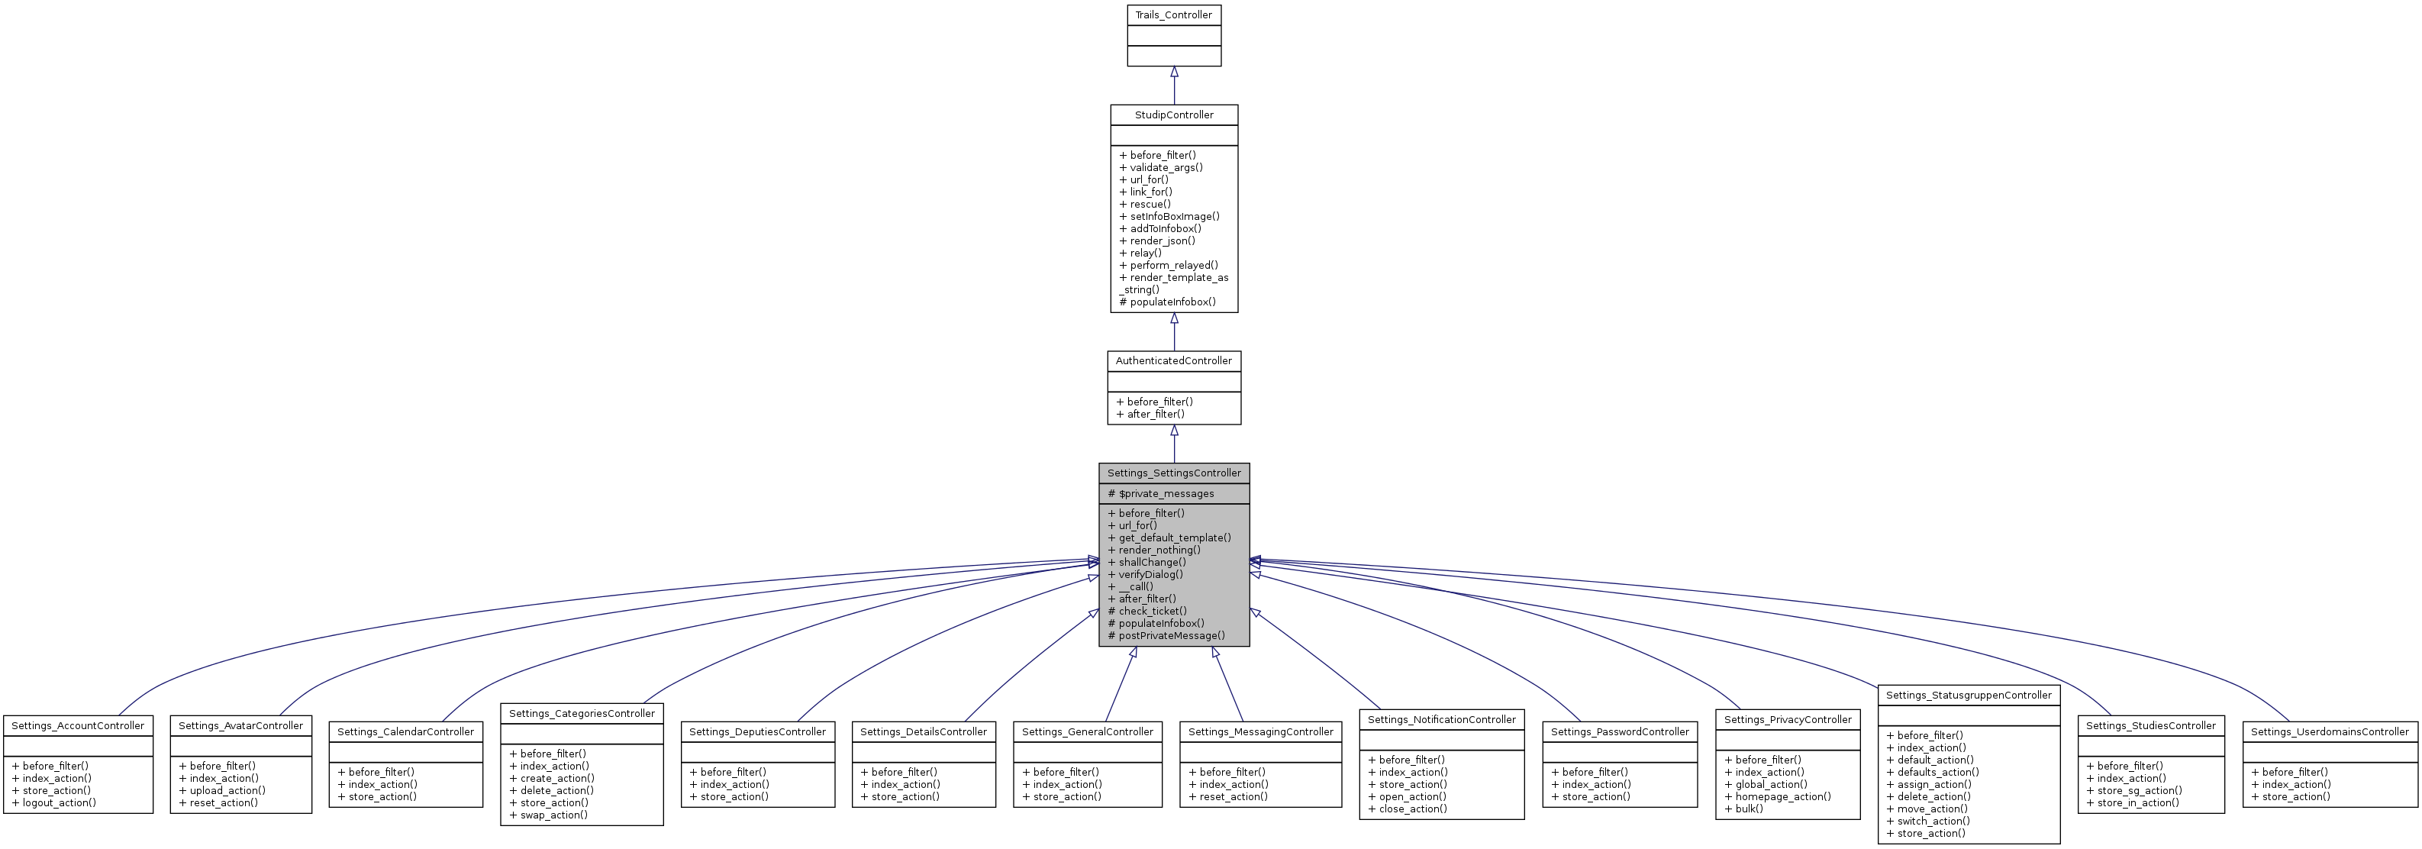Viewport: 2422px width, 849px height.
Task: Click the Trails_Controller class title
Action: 1173,15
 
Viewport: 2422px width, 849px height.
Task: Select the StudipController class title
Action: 1173,115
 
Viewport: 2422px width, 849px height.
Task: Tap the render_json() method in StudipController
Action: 1162,240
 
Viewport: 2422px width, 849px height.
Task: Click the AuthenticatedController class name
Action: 1173,361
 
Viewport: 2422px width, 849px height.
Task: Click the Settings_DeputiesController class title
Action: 757,731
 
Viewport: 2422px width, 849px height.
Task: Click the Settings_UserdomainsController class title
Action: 2329,731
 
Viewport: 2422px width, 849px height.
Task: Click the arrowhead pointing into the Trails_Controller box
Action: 1173,73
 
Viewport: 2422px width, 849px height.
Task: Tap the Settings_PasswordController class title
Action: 1619,731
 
